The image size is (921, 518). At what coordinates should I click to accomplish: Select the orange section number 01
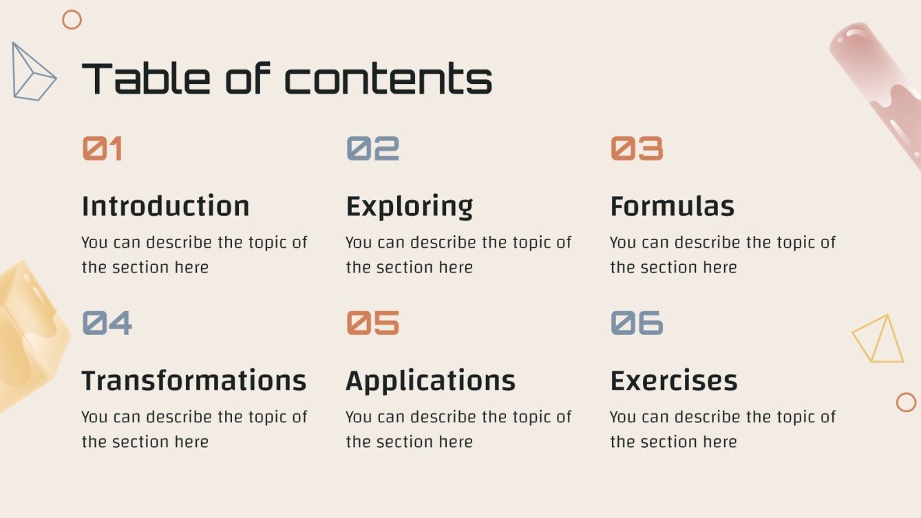click(103, 148)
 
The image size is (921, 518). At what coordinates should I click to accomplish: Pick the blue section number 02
click(372, 148)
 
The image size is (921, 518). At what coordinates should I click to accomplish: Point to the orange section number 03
click(637, 148)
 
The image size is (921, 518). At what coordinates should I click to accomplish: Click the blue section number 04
click(107, 323)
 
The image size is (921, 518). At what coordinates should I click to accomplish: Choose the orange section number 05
click(372, 323)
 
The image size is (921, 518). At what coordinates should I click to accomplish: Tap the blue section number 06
click(637, 323)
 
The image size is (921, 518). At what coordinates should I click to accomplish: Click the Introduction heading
click(165, 206)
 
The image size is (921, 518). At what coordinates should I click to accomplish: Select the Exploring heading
click(410, 206)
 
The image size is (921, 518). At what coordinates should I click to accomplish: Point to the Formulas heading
click(673, 206)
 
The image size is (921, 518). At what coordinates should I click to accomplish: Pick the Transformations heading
click(194, 380)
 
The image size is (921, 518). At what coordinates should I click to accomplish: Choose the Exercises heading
click(674, 380)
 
